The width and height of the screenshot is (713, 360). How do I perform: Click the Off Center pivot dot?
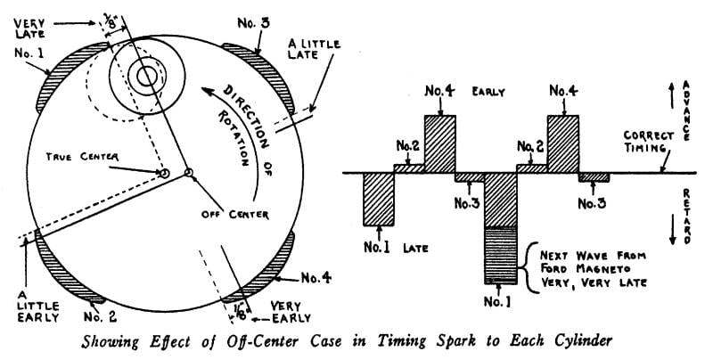pos(188,172)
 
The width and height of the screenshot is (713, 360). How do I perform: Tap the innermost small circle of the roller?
pos(145,76)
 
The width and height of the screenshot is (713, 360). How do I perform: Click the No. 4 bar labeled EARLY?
pos(439,143)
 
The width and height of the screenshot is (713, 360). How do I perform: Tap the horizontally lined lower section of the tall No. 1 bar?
pos(499,255)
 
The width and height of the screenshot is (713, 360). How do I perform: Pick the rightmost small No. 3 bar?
pos(594,176)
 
